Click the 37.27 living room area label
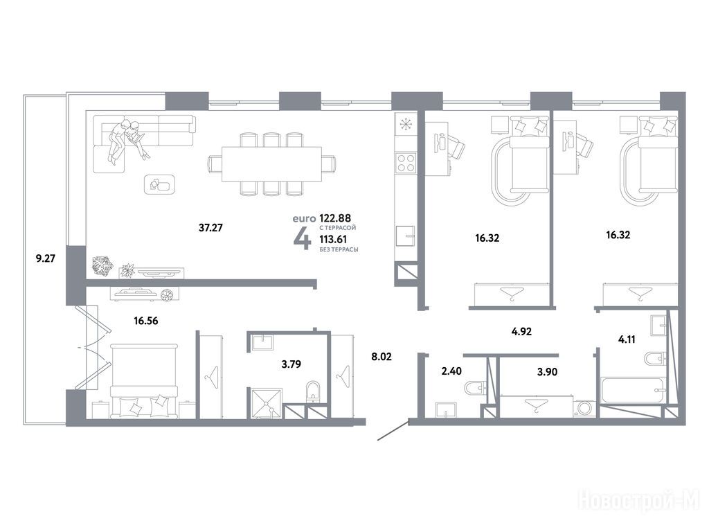coord(210,227)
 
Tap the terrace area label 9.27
coord(45,259)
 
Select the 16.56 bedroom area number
coord(146,321)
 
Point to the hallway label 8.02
coord(382,357)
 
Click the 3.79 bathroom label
coord(291,364)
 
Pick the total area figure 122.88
coord(335,218)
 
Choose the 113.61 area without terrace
coord(333,239)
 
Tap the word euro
coord(304,219)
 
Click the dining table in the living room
coord(271,163)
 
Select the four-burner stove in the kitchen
coord(406,163)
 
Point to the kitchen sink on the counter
coord(406,236)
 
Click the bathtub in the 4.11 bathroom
coord(634,390)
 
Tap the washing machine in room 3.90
coord(584,407)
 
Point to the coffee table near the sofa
coord(160,184)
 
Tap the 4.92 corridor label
coord(521,332)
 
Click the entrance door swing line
coord(393,431)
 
